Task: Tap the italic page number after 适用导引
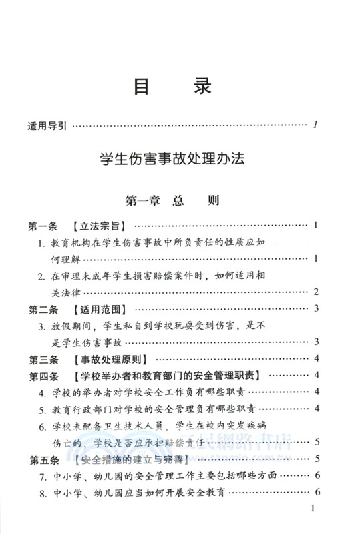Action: point(315,124)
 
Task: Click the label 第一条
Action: point(44,225)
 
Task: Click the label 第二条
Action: point(44,309)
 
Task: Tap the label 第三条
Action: point(44,359)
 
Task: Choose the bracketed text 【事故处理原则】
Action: point(106,359)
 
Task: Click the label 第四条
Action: point(44,375)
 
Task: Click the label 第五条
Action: point(44,459)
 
